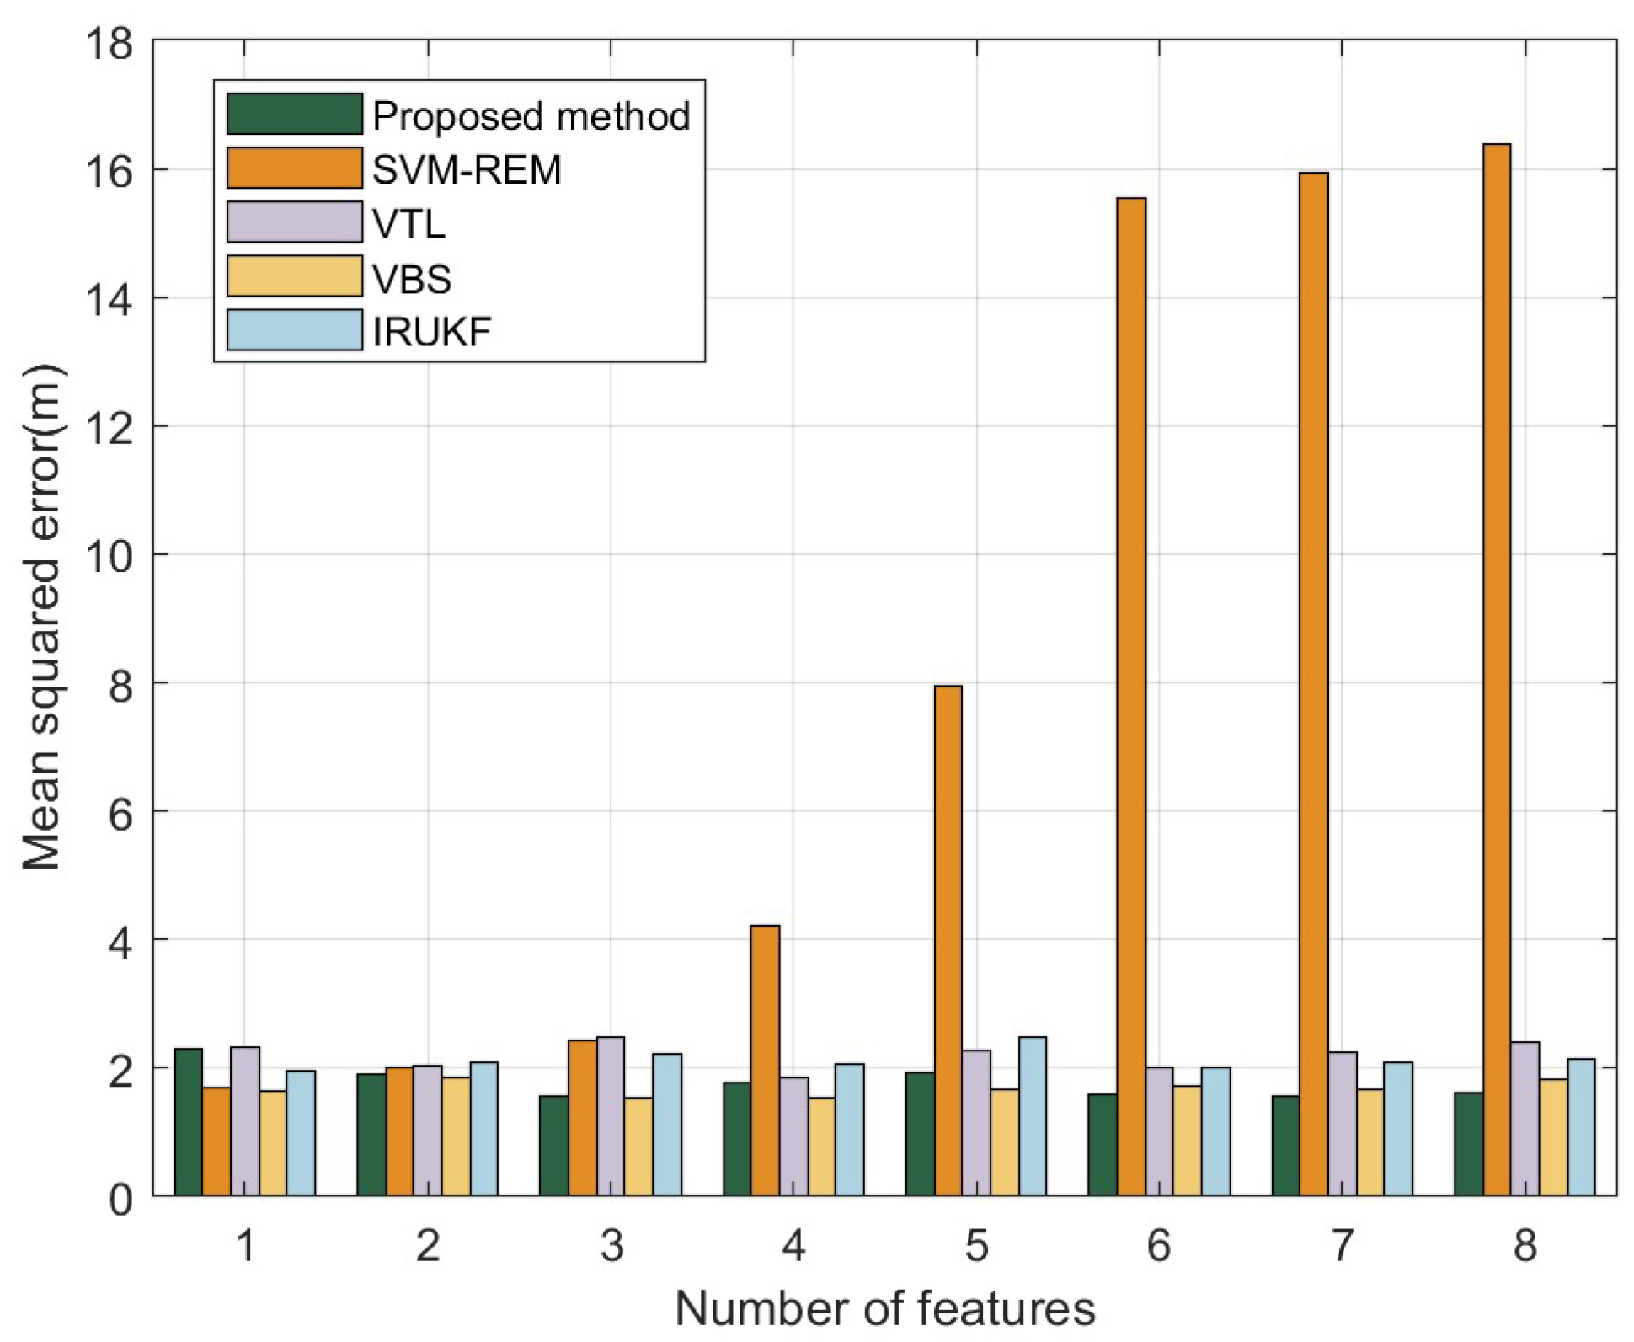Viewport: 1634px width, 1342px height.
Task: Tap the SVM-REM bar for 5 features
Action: click(948, 939)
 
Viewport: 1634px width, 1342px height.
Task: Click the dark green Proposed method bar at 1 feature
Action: click(189, 1121)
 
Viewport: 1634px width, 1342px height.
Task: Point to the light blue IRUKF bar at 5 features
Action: click(1032, 1115)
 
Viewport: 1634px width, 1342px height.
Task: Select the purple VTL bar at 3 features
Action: click(611, 1115)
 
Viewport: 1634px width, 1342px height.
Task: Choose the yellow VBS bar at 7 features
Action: click(1370, 1142)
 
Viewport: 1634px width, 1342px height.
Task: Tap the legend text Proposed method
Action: click(531, 116)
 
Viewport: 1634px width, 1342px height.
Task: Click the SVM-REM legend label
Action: click(467, 170)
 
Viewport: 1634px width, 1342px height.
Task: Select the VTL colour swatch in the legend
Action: click(295, 222)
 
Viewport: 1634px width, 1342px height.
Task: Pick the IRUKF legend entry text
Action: click(431, 332)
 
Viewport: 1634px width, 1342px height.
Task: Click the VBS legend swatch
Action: click(295, 276)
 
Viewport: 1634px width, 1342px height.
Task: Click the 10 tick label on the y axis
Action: click(109, 556)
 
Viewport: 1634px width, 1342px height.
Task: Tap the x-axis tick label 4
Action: click(793, 1245)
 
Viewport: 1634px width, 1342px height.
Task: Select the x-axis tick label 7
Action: click(1342, 1245)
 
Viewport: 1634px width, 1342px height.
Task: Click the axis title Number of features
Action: click(884, 1308)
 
